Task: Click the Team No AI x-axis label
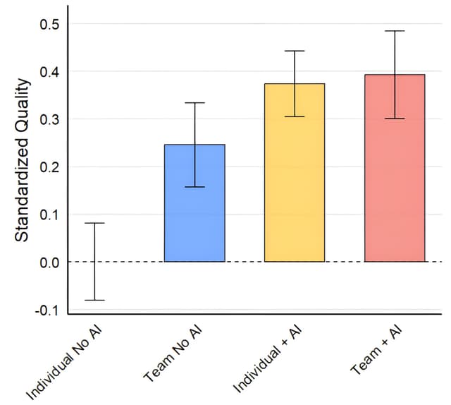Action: [171, 353]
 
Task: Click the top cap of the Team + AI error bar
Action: [395, 31]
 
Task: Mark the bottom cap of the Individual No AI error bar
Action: [94, 300]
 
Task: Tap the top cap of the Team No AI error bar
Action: [194, 103]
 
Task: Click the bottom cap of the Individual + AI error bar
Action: [295, 116]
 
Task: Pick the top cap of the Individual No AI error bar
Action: [94, 223]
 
